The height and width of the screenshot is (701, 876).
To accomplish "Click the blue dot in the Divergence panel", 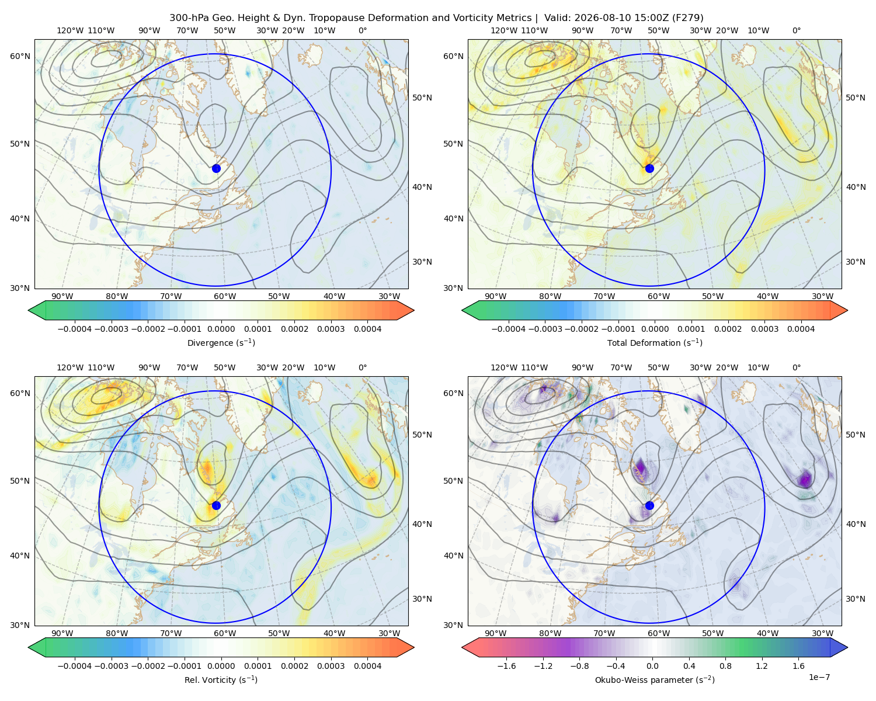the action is (x=216, y=168).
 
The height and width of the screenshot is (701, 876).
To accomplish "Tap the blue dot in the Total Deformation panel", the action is (x=649, y=168).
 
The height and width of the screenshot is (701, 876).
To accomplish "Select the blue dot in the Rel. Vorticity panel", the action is (x=216, y=505).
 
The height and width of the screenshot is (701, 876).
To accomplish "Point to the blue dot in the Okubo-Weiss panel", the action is (x=649, y=505).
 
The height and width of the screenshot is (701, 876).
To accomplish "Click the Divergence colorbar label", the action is (x=221, y=343).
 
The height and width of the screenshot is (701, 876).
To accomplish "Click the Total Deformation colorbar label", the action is (x=655, y=343).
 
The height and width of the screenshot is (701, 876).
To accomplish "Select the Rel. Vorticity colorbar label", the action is (x=221, y=680).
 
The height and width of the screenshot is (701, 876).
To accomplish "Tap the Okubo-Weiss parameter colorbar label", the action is (x=655, y=680).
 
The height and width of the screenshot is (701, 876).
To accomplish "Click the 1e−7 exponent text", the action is (x=819, y=677).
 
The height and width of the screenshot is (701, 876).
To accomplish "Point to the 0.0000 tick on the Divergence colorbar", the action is (x=221, y=329).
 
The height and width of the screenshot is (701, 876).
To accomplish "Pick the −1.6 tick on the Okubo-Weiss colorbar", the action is (x=506, y=666).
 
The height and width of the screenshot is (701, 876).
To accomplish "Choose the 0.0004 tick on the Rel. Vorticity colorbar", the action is (x=367, y=666).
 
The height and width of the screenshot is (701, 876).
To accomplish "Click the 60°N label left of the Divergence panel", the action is (x=20, y=56).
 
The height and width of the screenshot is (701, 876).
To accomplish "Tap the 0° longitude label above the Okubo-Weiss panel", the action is (x=796, y=367).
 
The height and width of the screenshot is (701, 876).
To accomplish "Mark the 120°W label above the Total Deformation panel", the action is (x=504, y=30).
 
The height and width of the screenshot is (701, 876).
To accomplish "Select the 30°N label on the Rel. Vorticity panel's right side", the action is (x=422, y=599).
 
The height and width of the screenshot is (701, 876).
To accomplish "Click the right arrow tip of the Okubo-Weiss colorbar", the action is (x=847, y=647).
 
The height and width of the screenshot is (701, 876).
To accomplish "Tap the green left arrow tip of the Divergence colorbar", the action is (x=29, y=310).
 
